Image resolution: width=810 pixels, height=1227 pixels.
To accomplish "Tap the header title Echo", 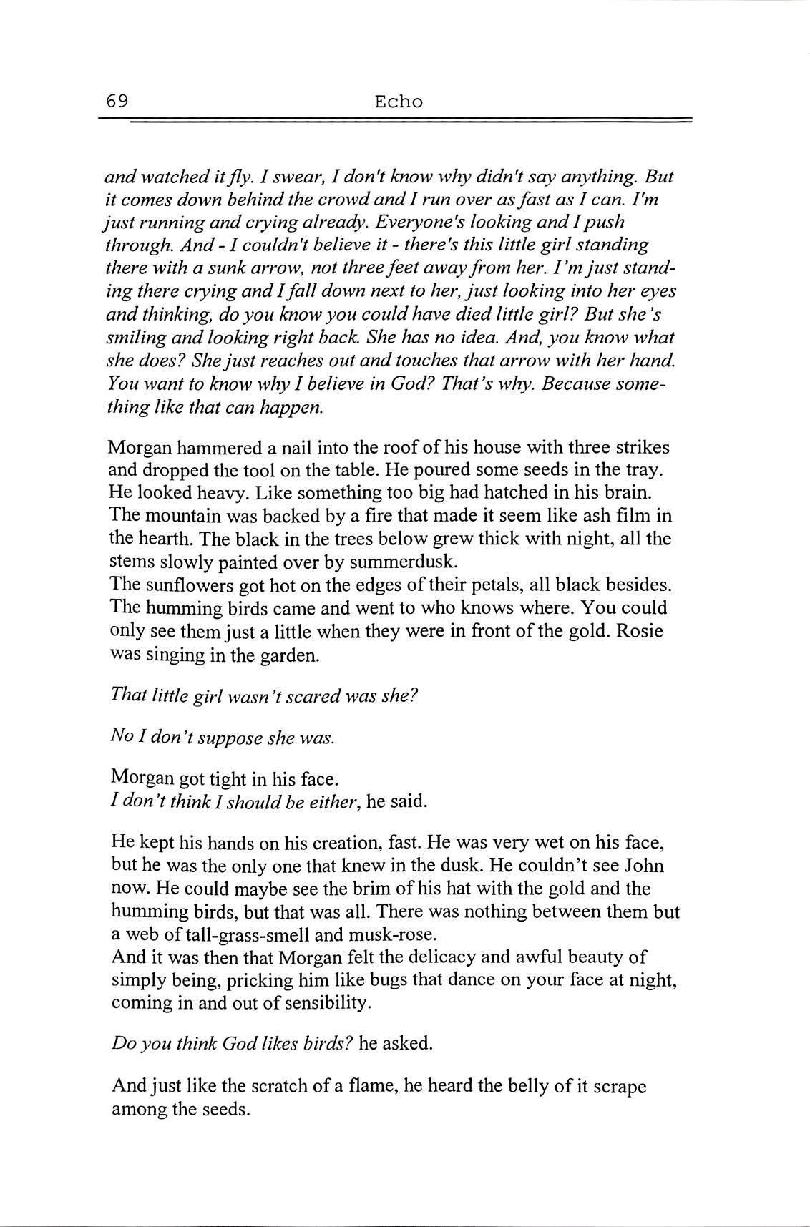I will [x=399, y=102].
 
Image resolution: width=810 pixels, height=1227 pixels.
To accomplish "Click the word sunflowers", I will [x=183, y=585].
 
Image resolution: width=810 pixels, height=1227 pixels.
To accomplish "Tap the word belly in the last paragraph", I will [x=532, y=1086].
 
